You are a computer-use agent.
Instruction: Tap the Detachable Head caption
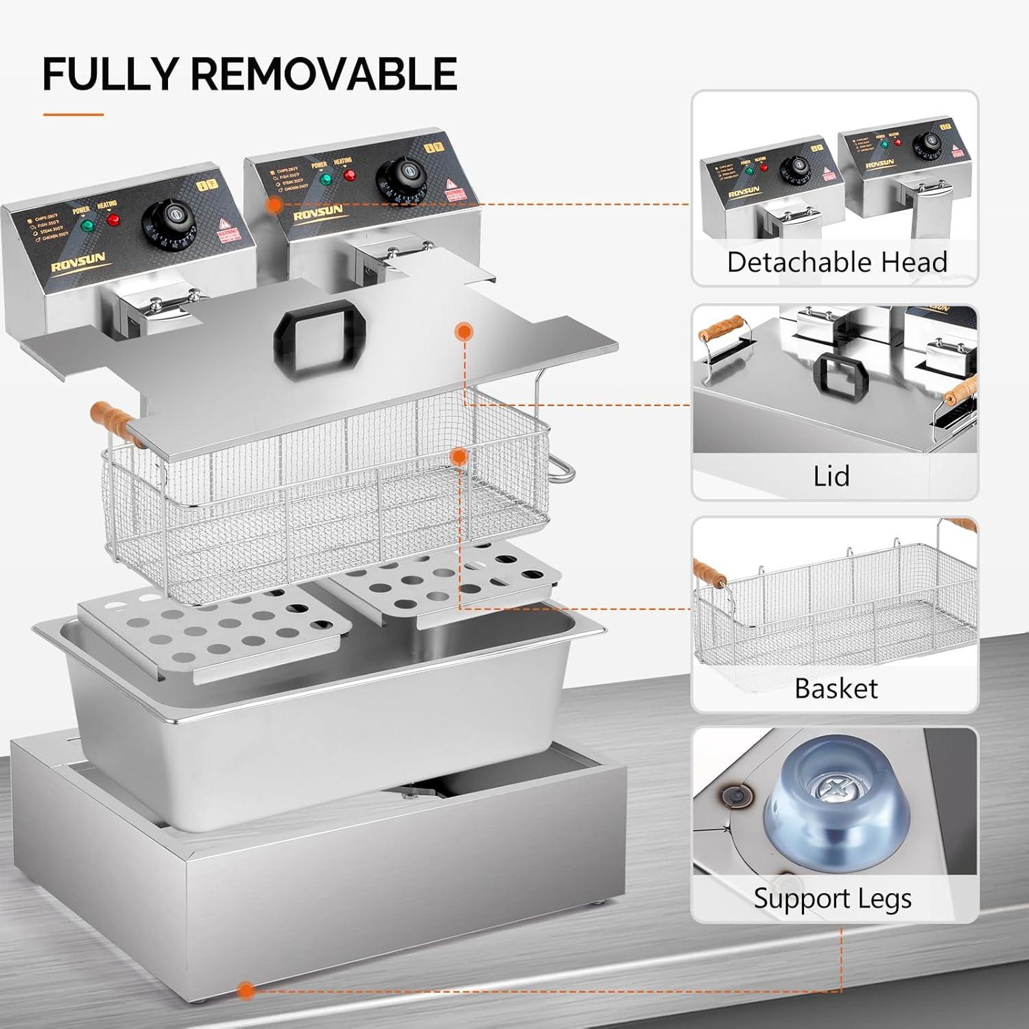click(x=836, y=262)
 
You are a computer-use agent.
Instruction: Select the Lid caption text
click(x=831, y=475)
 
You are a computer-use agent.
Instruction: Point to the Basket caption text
click(x=836, y=688)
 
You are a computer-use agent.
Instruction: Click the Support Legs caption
click(x=833, y=898)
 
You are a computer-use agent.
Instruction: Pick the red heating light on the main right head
click(x=348, y=174)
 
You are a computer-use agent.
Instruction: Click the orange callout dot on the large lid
click(x=465, y=332)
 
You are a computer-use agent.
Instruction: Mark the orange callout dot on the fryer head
click(x=274, y=204)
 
